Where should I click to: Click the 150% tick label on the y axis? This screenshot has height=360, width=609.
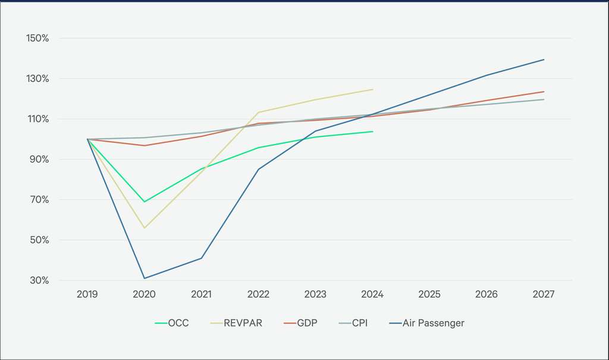coord(37,38)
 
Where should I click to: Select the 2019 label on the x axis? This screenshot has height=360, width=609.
coord(87,295)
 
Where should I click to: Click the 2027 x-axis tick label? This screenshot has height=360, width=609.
coord(544,295)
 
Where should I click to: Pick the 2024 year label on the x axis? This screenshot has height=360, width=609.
coord(372,295)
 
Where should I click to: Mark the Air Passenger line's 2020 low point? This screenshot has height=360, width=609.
coord(145,278)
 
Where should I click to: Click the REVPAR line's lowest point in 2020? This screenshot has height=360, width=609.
coord(145,228)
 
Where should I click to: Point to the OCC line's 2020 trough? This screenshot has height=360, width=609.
coord(145,202)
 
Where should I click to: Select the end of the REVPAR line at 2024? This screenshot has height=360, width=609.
coord(372,89)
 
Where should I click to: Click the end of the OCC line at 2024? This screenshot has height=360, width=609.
coord(372,132)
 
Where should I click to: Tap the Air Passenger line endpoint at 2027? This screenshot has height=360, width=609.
coord(544,60)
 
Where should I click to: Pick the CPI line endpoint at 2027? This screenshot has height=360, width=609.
coord(544,99)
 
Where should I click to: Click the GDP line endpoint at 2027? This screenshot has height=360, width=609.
coord(544,92)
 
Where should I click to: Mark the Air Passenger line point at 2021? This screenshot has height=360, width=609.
coord(202,258)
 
